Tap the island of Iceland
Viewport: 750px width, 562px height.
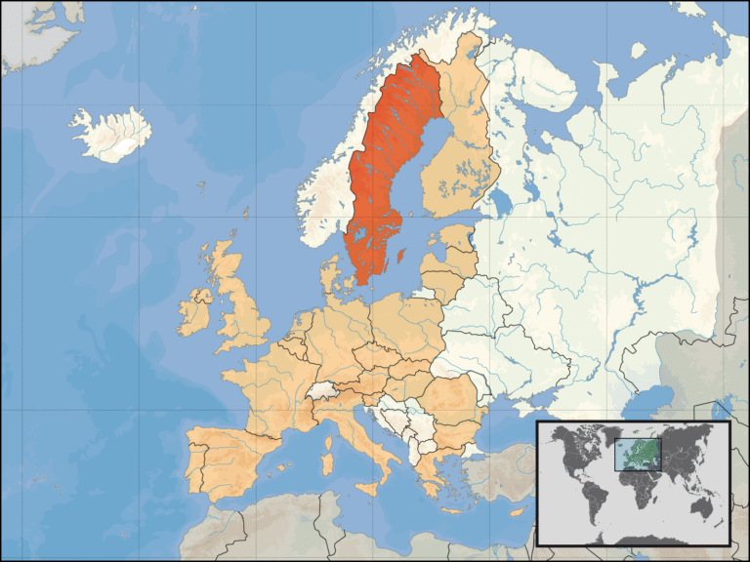[x=110, y=136]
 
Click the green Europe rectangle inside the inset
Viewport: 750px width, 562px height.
[x=637, y=454]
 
